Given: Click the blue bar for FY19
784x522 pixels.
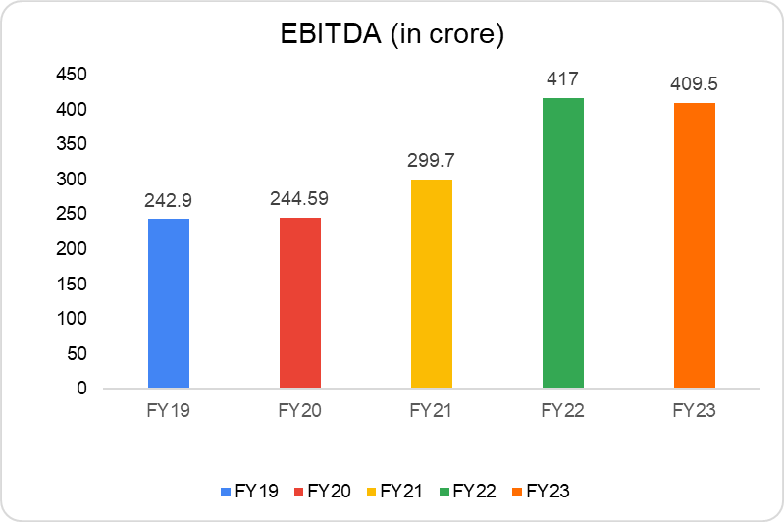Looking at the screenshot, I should click(169, 303).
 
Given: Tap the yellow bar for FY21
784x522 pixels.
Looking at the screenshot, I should click(432, 284).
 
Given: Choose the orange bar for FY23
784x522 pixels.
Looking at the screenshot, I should click(695, 245).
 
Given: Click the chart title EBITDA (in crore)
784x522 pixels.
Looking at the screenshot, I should click(392, 37).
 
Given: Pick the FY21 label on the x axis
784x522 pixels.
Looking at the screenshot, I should click(432, 411).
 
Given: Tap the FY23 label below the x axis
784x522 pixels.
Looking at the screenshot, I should click(695, 411).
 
